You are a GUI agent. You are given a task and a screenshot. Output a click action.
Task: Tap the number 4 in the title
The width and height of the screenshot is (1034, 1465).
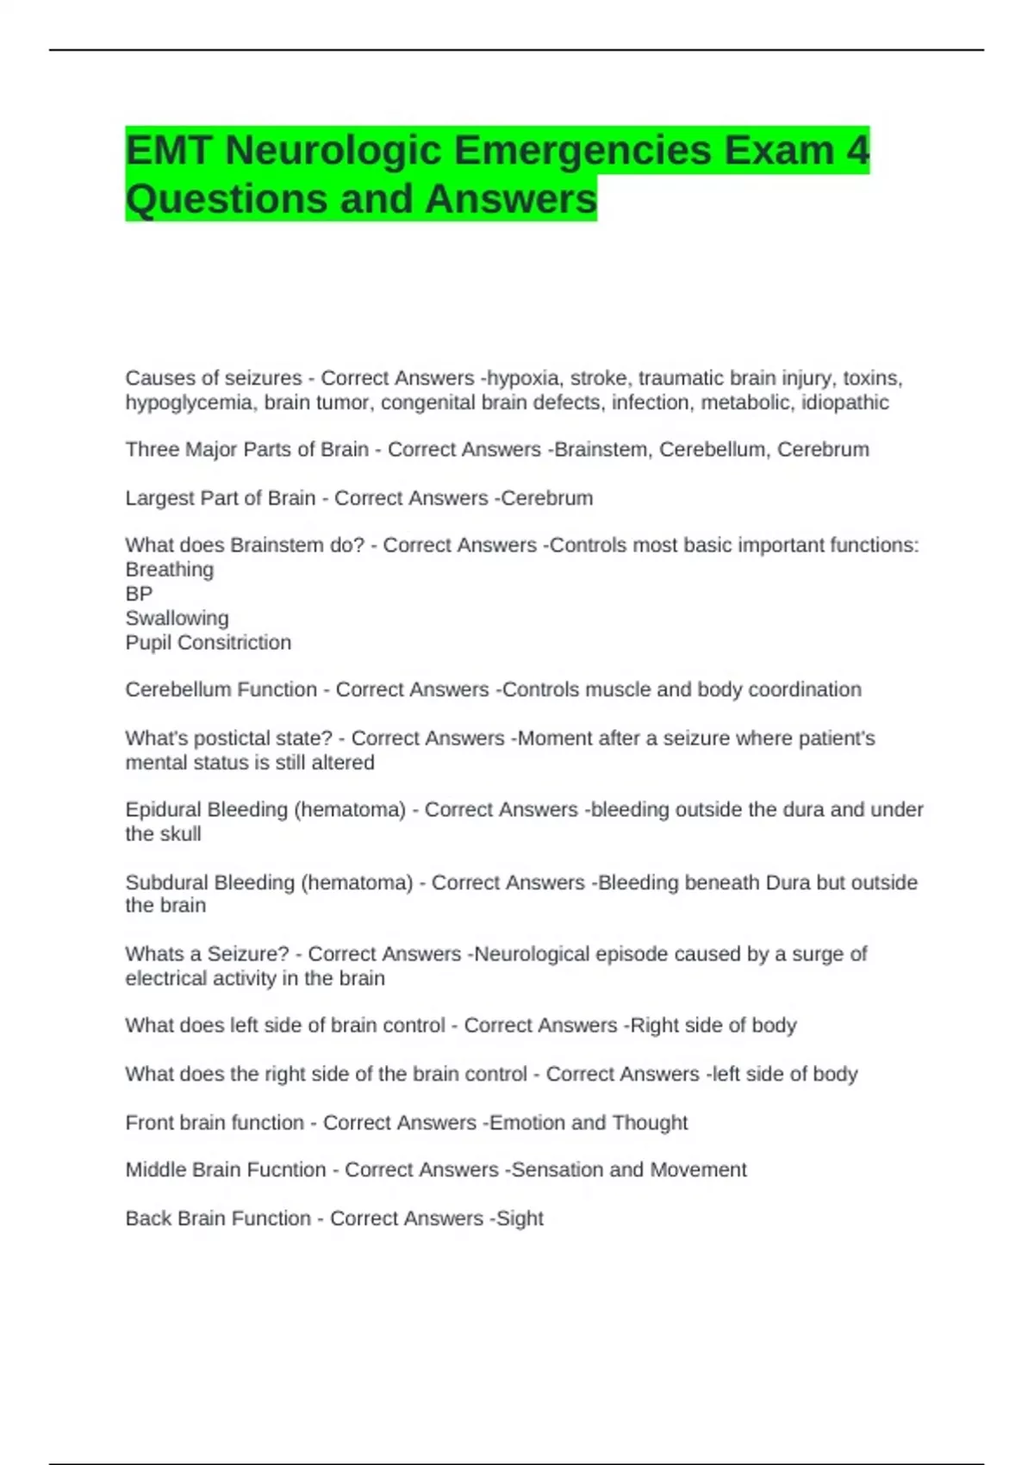click(856, 150)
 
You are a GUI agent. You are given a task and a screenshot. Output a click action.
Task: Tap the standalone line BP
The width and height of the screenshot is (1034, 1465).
click(139, 594)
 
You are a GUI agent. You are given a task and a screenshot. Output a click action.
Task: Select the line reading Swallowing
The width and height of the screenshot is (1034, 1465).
click(177, 618)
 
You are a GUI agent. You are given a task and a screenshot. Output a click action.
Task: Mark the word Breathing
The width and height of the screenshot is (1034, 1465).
click(169, 570)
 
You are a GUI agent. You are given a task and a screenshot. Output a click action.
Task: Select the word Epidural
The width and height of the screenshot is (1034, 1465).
click(162, 810)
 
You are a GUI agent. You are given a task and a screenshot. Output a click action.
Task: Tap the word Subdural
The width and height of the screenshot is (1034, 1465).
click(165, 882)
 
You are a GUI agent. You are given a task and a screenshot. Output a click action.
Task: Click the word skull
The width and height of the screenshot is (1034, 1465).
click(181, 834)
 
